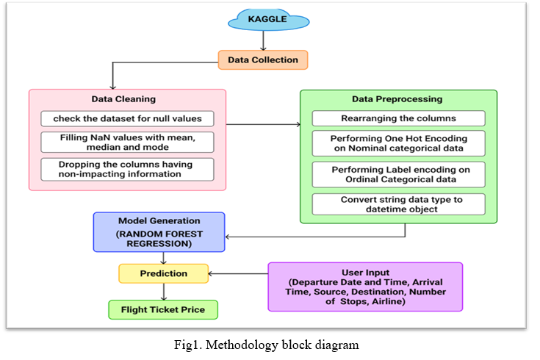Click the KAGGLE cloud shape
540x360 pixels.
pyautogui.click(x=268, y=20)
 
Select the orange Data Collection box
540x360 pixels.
pyautogui.click(x=263, y=60)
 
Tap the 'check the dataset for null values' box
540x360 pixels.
pyautogui.click(x=127, y=118)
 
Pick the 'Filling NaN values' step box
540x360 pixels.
pyautogui.click(x=127, y=143)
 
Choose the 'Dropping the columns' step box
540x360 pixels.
pyautogui.click(x=127, y=169)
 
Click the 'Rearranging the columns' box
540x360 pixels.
pyautogui.click(x=398, y=118)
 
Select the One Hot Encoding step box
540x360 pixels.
pyautogui.click(x=398, y=143)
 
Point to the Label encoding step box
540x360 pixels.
pyautogui.click(x=398, y=175)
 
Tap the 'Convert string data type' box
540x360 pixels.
pyautogui.click(x=398, y=204)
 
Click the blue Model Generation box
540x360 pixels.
pyautogui.click(x=159, y=232)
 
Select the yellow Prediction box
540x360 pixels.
pyautogui.click(x=164, y=273)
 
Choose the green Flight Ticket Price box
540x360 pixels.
pyautogui.click(x=163, y=310)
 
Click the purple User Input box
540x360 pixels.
pyautogui.click(x=365, y=287)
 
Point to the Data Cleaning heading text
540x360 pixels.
pyautogui.click(x=123, y=99)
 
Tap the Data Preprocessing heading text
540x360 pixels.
pyautogui.click(x=397, y=99)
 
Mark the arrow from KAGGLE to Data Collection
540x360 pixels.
pyautogui.click(x=264, y=40)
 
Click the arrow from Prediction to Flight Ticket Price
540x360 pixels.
pyautogui.click(x=164, y=292)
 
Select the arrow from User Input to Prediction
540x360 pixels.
pyautogui.click(x=238, y=274)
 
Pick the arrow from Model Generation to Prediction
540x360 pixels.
pyautogui.click(x=164, y=258)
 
